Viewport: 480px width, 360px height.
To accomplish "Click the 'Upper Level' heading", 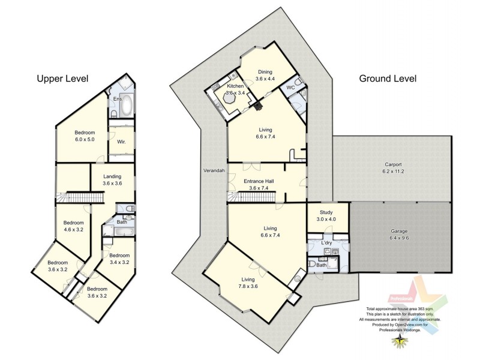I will coord(62,79).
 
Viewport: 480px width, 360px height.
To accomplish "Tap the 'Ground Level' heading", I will coord(388,79).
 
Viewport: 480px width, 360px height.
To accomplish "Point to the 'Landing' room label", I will coord(112,176).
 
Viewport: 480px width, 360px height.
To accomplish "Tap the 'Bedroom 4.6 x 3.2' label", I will coord(74,226).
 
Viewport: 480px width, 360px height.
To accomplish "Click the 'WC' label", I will coord(290,88).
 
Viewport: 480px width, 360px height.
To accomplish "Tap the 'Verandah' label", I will coord(214,171).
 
